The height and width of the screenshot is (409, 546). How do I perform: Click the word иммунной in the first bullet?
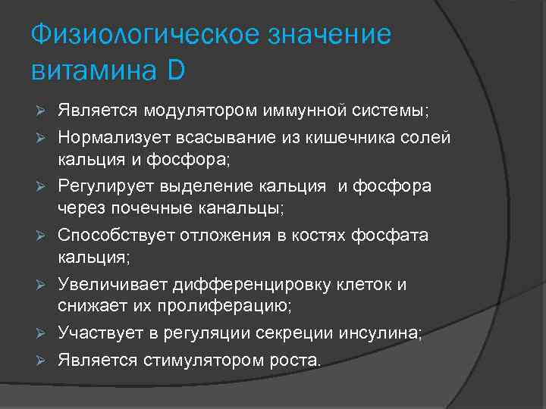pyautogui.click(x=300, y=112)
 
